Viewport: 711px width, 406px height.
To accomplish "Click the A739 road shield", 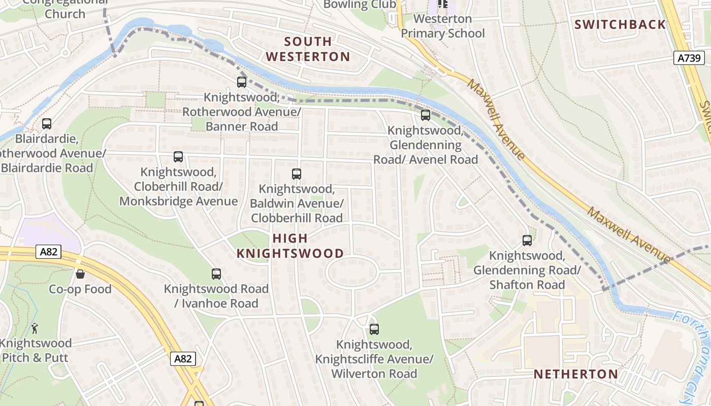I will tap(689, 58).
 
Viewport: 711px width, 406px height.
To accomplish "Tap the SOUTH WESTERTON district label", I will tap(308, 49).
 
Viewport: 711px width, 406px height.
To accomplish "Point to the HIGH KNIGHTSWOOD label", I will tap(290, 246).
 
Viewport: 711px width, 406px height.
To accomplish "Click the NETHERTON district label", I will tap(575, 375).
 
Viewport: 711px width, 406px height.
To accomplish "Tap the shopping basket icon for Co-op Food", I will tap(80, 275).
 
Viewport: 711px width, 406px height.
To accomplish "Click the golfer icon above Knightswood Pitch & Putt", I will tap(35, 328).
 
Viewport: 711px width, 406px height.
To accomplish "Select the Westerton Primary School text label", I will tap(443, 26).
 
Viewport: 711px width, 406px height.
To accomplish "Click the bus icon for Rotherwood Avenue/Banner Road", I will tap(242, 82).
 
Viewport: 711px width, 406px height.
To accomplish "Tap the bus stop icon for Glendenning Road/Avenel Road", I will tap(426, 115).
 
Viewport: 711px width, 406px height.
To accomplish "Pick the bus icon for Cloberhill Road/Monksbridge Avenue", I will tap(178, 157).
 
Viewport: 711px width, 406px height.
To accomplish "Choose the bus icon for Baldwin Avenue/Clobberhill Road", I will tap(297, 174).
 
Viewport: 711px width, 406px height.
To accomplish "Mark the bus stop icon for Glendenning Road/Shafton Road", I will tap(527, 241).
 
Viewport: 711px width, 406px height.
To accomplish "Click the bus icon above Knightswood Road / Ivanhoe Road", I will tap(216, 274).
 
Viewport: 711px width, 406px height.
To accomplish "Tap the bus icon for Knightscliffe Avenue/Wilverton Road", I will tap(374, 329).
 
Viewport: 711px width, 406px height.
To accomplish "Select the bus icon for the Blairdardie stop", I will tap(47, 123).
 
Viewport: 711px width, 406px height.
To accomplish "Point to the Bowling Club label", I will tap(360, 5).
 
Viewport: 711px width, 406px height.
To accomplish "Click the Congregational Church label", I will tap(65, 9).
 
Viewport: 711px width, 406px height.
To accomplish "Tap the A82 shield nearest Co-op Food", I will tap(49, 251).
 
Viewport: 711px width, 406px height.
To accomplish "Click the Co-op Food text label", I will tap(80, 289).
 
